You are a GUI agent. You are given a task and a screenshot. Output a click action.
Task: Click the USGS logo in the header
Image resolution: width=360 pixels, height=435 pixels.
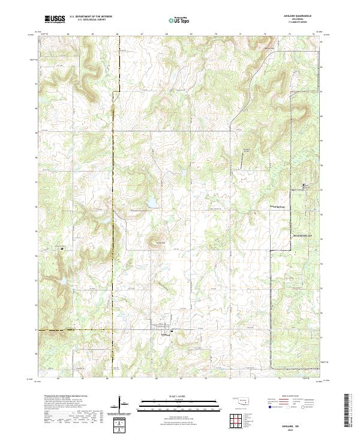(53, 20)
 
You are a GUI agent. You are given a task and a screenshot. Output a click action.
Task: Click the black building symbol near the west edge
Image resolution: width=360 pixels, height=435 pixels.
(62, 247)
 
